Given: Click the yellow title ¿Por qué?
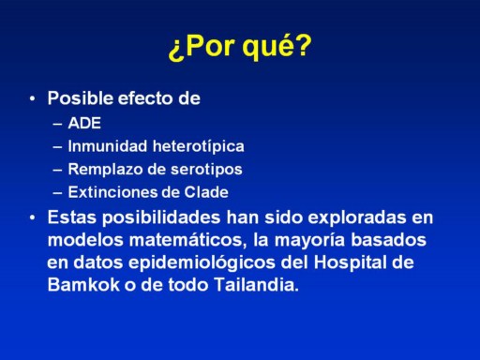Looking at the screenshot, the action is tap(240, 47).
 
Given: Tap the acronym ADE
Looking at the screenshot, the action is tap(84, 123).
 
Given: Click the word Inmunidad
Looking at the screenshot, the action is tap(108, 146).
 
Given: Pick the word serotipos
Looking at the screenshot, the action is tap(206, 170).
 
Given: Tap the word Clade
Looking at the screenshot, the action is tap(206, 192).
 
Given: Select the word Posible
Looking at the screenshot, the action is tap(81, 98).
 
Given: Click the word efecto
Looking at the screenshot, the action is tap(145, 98).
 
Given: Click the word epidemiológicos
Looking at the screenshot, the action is tap(202, 263).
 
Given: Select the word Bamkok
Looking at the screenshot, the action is tap(83, 285).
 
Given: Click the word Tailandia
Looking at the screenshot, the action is tap(257, 285).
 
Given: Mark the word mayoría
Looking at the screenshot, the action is tap(309, 241).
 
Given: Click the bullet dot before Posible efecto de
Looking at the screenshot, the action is tap(33, 99).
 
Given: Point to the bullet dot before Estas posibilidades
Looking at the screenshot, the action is tap(33, 217).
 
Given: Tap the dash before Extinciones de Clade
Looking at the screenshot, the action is tap(57, 193).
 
